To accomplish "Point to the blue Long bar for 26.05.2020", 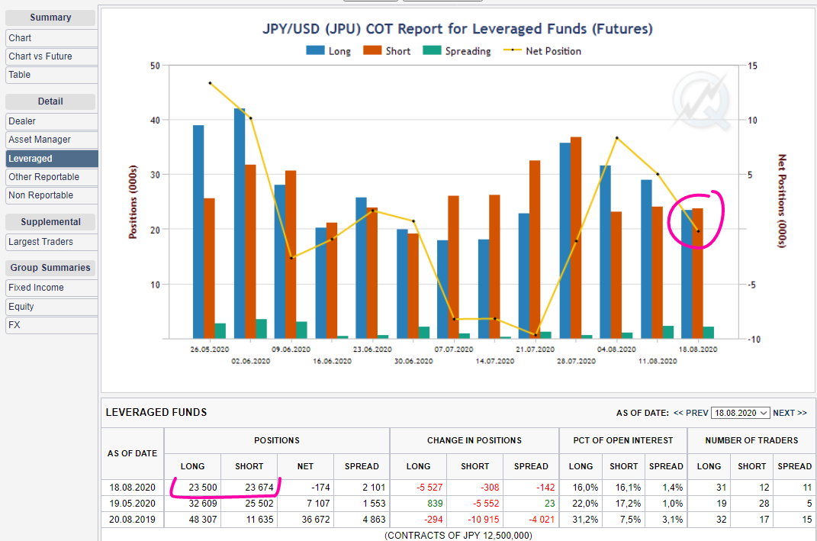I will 198,232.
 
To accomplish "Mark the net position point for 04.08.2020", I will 616,138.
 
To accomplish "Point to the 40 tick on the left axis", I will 155,121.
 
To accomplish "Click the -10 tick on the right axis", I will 751,340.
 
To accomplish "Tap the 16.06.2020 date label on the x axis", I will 332,361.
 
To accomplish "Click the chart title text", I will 457,30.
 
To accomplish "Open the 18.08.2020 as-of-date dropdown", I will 740,413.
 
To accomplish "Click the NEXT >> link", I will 790,413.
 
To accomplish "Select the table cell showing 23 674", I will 249,488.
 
